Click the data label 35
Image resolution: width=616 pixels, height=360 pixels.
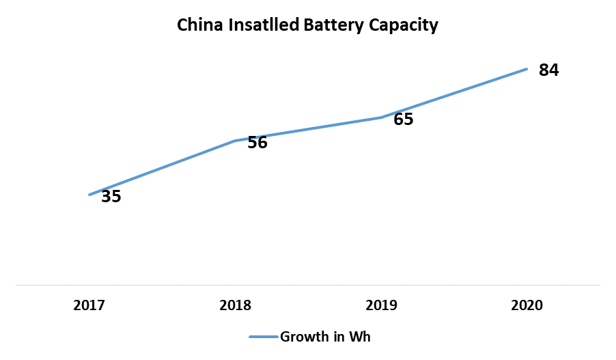pyautogui.click(x=111, y=197)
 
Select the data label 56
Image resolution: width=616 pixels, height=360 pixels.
pyautogui.click(x=257, y=143)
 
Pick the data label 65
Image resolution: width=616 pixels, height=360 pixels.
pyautogui.click(x=404, y=119)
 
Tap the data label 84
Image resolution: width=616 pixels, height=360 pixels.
pyautogui.click(x=549, y=70)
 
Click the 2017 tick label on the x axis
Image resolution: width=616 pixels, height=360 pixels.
pyautogui.click(x=89, y=305)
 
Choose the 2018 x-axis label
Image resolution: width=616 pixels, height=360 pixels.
pyautogui.click(x=235, y=305)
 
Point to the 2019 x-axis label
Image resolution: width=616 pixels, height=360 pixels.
pyautogui.click(x=381, y=305)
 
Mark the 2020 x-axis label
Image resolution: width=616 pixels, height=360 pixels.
pyautogui.click(x=527, y=305)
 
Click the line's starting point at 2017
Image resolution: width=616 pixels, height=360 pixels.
pyautogui.click(x=89, y=195)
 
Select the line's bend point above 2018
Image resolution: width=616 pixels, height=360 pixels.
pyautogui.click(x=235, y=141)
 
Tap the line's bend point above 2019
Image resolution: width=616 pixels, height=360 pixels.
pyautogui.click(x=381, y=117)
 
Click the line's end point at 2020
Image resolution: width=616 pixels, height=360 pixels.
pyautogui.click(x=527, y=69)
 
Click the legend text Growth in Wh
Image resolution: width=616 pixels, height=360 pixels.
pyautogui.click(x=325, y=336)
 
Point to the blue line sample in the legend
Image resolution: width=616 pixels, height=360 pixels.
pyautogui.click(x=264, y=336)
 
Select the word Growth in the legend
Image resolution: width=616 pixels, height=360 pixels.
pyautogui.click(x=305, y=336)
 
